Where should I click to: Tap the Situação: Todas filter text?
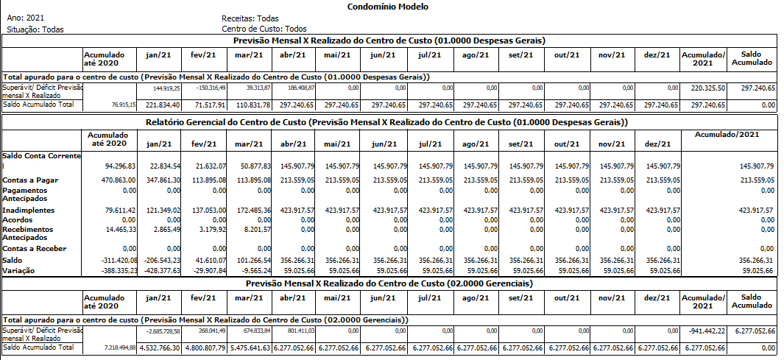point(35,29)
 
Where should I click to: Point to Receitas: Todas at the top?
point(250,17)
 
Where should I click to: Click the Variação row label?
point(19,270)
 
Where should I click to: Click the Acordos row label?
point(18,219)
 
